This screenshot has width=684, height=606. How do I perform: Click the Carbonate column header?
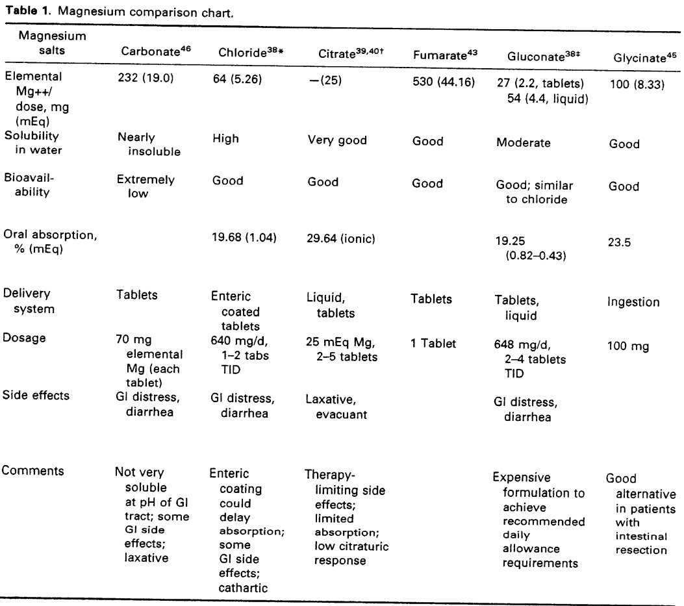(x=156, y=53)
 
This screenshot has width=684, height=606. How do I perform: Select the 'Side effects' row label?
(x=36, y=395)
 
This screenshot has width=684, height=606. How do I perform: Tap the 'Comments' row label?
(x=33, y=471)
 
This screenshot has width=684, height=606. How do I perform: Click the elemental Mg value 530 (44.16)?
(x=444, y=82)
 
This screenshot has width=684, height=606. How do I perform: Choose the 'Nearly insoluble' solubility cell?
(x=149, y=144)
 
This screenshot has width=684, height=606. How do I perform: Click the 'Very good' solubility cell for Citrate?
(x=337, y=140)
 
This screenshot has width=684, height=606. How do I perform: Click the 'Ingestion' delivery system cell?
(x=633, y=301)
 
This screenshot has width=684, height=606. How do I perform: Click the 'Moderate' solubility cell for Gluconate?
(x=524, y=142)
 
